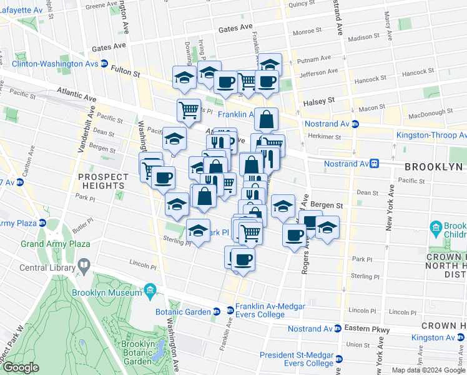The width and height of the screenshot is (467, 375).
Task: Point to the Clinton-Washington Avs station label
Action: [x=55, y=64]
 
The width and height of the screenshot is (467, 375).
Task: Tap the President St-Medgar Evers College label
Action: [x=296, y=359]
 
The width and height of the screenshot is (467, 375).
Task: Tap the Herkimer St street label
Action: [x=323, y=137]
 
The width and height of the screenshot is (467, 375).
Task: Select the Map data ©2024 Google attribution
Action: [x=428, y=370]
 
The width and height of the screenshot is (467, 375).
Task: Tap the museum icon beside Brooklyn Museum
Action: [x=150, y=291]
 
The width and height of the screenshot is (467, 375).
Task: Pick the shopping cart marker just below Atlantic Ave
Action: [x=188, y=111]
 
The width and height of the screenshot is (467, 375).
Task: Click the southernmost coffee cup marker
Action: [x=243, y=259]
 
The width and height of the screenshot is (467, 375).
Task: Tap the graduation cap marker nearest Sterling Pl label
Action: [x=199, y=232]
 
